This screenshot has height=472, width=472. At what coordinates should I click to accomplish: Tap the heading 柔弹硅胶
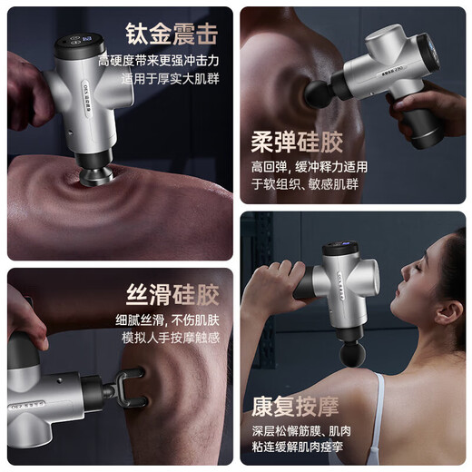tap(298, 143)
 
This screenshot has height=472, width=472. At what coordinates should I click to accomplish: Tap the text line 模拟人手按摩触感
tap(171, 337)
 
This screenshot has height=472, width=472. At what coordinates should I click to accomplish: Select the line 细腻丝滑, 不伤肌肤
tap(171, 319)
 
